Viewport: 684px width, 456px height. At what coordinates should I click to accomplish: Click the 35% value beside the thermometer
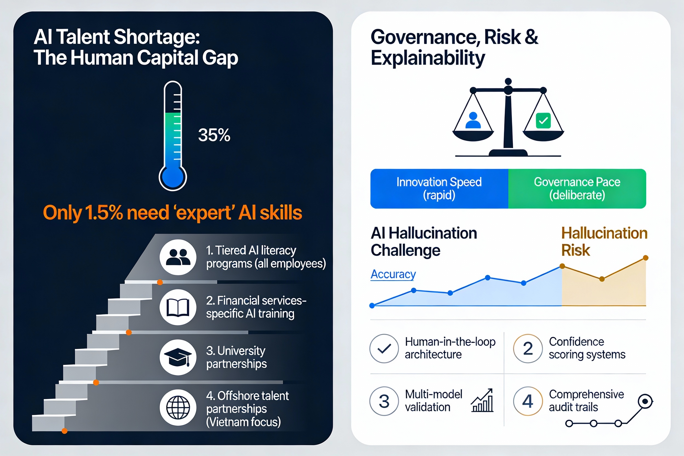(x=214, y=135)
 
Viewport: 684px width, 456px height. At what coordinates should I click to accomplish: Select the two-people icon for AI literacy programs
(x=178, y=257)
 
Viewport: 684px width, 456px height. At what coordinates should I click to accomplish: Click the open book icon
(x=178, y=307)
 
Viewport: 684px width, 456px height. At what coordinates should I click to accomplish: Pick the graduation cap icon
(x=178, y=357)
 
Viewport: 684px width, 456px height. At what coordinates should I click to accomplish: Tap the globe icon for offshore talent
(x=178, y=407)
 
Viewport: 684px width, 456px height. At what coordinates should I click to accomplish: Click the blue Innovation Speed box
(x=439, y=189)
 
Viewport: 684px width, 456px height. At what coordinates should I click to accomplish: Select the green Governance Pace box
(x=577, y=189)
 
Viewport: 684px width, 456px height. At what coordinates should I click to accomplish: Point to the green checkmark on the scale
(x=543, y=120)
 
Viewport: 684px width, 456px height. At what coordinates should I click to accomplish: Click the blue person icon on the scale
(x=473, y=120)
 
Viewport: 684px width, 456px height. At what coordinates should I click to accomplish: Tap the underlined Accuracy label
(x=393, y=274)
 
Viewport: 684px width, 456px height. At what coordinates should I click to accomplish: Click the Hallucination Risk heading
(x=604, y=241)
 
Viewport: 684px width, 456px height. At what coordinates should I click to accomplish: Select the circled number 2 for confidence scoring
(x=528, y=348)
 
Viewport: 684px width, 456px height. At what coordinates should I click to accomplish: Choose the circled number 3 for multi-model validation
(x=384, y=401)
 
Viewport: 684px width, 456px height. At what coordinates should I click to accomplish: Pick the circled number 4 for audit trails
(x=528, y=401)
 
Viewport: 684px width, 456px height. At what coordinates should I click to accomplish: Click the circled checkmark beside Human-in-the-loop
(x=384, y=348)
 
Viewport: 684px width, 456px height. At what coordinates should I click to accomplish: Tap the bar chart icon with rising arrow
(x=483, y=401)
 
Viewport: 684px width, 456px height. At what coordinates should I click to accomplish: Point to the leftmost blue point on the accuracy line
(x=372, y=306)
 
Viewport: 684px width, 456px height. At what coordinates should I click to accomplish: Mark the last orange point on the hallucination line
(x=646, y=258)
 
